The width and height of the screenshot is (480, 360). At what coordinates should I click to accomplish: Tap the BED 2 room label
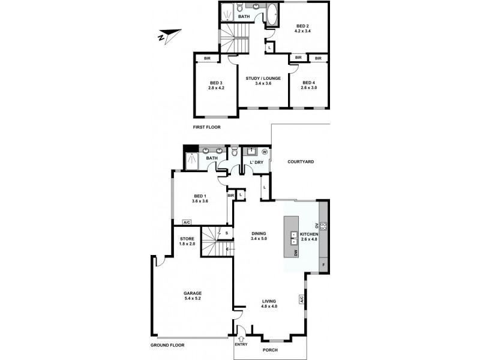(303, 26)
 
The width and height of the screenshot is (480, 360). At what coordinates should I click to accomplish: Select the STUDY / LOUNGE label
(263, 78)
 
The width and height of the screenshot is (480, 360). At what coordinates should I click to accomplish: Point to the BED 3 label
(216, 83)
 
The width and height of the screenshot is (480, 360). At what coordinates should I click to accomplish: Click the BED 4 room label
(308, 83)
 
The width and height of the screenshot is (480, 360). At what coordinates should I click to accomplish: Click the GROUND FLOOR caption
(168, 345)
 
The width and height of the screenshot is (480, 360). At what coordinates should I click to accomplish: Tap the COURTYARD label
(301, 162)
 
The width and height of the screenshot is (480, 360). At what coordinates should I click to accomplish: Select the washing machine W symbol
(264, 152)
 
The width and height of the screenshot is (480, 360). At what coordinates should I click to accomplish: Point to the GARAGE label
(193, 293)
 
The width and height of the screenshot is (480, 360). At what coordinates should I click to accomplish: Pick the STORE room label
(187, 239)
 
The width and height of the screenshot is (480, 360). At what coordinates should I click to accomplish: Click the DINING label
(259, 234)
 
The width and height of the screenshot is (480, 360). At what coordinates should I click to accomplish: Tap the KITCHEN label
(308, 234)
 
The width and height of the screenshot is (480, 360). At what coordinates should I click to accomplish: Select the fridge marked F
(324, 265)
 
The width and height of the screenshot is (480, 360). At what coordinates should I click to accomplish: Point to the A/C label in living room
(301, 299)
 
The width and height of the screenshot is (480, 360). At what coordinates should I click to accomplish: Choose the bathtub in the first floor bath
(271, 14)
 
